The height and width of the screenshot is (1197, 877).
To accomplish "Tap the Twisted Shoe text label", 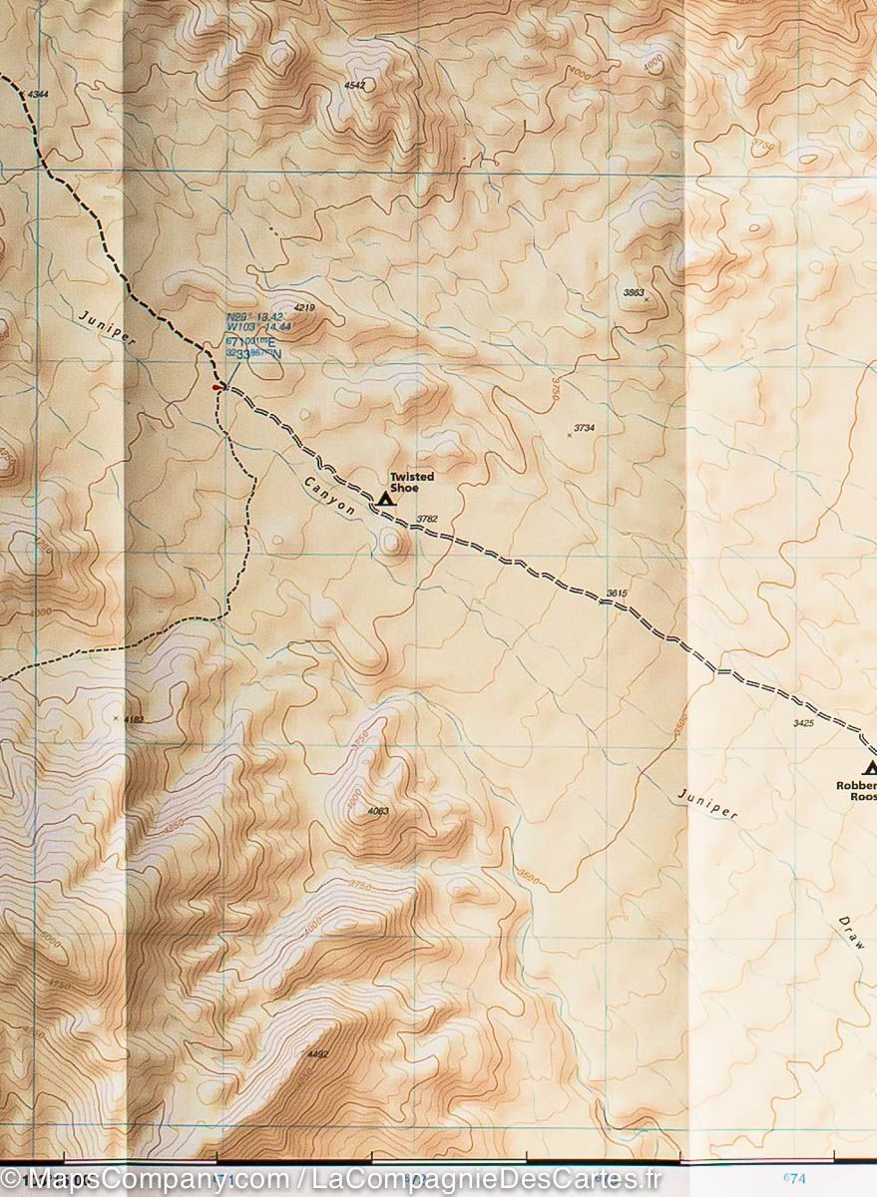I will [412, 483].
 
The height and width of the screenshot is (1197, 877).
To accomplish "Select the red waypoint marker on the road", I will [218, 387].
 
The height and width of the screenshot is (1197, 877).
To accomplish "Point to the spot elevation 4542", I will [354, 86].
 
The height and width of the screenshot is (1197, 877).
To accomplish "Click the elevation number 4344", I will [37, 94].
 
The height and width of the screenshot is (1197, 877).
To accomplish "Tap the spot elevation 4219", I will [304, 308].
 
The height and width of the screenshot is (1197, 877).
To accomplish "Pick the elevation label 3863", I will [633, 292].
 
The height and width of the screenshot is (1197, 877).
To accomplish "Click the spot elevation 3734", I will [584, 429].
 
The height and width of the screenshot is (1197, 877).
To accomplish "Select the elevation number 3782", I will [427, 519].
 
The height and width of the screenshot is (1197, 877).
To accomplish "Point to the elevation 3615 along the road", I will [616, 595].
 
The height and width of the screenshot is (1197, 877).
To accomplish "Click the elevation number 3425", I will [803, 721].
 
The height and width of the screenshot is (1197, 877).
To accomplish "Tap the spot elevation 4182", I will [133, 718].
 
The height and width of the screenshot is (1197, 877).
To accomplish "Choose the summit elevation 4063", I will [377, 811].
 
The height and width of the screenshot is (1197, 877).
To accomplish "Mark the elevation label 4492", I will [318, 1054].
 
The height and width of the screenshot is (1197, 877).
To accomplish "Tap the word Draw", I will [850, 932].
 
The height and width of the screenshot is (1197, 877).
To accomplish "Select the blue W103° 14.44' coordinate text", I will [257, 327].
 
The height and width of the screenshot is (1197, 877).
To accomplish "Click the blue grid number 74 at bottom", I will [795, 1178].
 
